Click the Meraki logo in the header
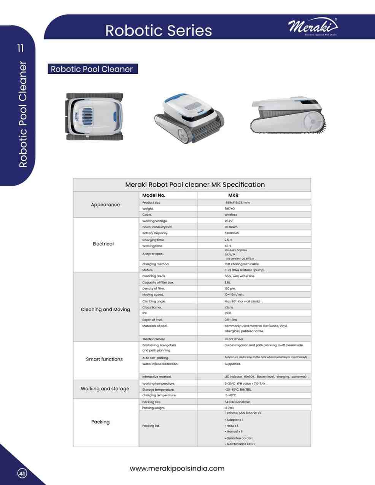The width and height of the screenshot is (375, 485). (313, 27)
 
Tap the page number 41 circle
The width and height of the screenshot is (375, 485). (22, 474)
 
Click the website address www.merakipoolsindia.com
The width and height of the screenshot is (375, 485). (177, 468)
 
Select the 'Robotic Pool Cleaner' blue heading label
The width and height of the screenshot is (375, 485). (92, 69)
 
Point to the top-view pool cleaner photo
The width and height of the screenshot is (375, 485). (95, 116)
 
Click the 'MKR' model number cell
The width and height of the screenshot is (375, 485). (233, 195)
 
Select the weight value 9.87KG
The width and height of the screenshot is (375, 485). (230, 208)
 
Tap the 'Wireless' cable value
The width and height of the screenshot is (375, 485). (230, 215)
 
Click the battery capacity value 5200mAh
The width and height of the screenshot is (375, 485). (232, 233)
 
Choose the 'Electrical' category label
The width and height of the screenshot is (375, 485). (103, 244)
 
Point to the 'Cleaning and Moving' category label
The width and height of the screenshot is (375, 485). (105, 310)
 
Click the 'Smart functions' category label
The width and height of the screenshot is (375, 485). (104, 359)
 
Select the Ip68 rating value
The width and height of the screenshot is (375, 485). (228, 313)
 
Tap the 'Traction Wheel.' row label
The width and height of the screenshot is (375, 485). (154, 339)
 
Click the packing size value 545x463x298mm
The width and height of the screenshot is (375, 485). (237, 402)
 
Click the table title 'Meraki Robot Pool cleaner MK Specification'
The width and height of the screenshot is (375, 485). (195, 185)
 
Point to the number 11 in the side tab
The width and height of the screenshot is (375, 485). (20, 48)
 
